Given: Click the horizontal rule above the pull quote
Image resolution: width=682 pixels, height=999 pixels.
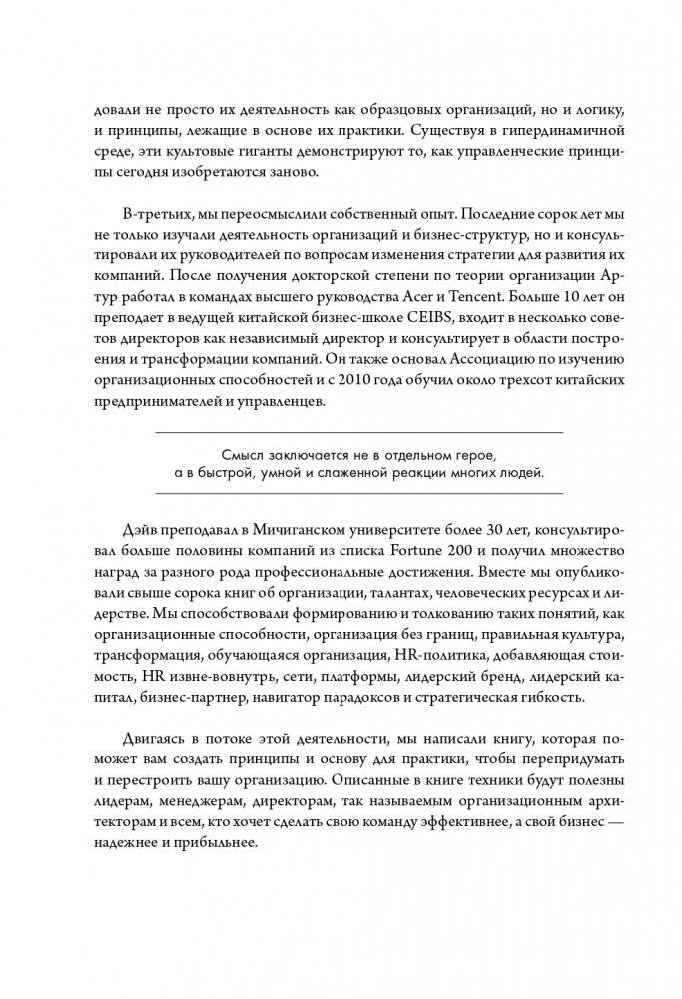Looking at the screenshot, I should tap(359, 431).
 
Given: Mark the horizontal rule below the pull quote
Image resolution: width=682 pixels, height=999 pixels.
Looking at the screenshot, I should tap(359, 493).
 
